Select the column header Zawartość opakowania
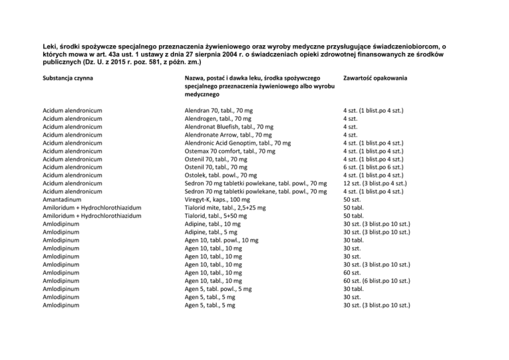pos(374,78)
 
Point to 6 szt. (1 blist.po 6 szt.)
pos(376,167)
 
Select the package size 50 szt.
pos(352,200)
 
